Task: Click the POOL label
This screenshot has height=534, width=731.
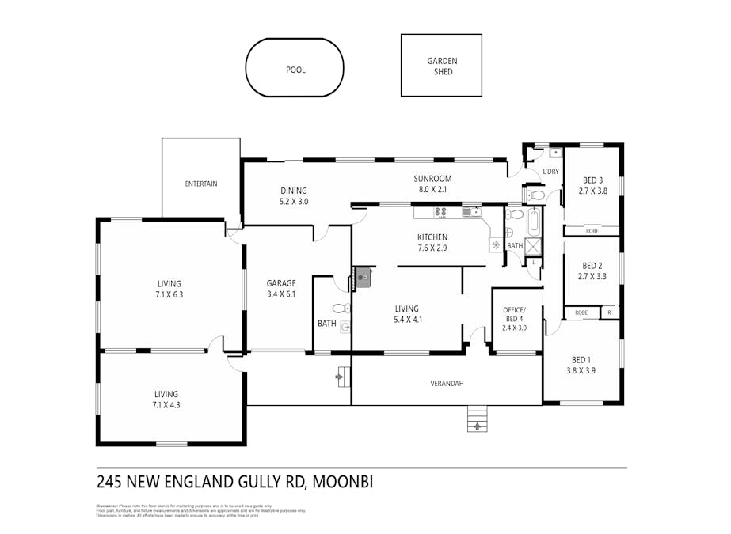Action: point(295,70)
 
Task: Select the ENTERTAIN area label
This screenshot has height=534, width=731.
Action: point(201,184)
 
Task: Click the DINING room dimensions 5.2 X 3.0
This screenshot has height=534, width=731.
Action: point(293,202)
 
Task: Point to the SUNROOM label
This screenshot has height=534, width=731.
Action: point(432,178)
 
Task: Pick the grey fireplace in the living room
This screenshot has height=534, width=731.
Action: point(363,276)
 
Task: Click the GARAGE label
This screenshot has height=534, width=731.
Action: point(281,282)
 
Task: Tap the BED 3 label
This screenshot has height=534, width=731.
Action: point(592,180)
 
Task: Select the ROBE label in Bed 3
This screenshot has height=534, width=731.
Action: point(592,231)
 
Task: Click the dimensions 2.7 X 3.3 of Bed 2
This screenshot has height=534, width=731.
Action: point(592,277)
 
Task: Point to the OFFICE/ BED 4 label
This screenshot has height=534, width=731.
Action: point(516,313)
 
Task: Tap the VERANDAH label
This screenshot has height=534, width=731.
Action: point(447,384)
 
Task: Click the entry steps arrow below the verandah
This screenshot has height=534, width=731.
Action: point(477,426)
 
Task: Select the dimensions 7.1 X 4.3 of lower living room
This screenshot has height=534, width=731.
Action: point(166,405)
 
